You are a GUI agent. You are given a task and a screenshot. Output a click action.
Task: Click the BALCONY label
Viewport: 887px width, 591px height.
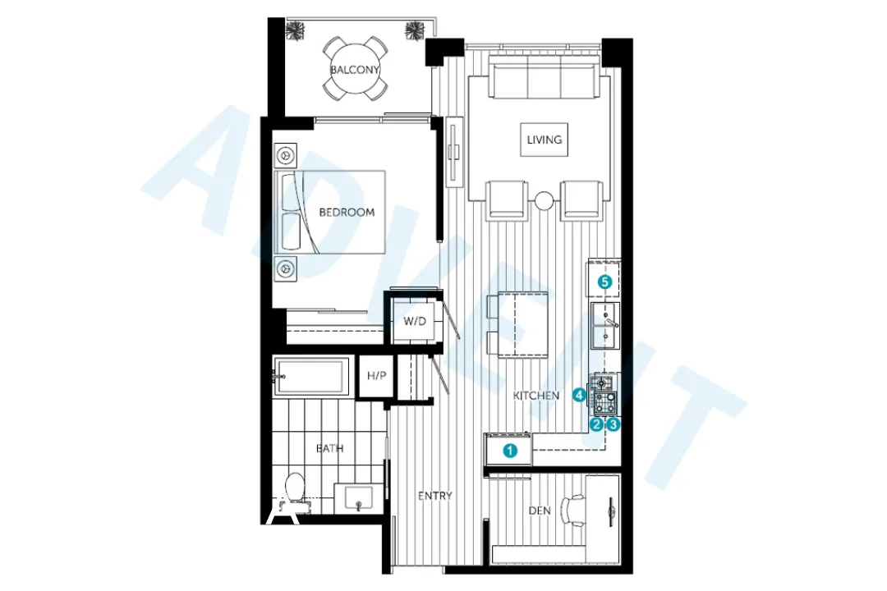[355, 70]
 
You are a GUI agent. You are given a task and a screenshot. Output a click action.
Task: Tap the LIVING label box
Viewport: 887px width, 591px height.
[545, 140]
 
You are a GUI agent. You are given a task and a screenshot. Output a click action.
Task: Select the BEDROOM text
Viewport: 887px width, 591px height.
[347, 212]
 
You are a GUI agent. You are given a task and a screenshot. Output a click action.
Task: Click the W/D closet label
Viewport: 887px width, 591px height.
[414, 321]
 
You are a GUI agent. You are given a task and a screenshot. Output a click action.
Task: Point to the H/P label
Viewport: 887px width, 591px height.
[377, 376]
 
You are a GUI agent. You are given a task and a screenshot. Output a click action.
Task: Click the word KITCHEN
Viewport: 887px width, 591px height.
[536, 396]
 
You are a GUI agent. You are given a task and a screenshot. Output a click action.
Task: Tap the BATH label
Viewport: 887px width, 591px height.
[330, 449]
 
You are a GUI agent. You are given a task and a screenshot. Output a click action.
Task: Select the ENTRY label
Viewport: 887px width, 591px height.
[434, 496]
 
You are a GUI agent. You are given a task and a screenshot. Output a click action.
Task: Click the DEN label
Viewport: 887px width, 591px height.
[539, 511]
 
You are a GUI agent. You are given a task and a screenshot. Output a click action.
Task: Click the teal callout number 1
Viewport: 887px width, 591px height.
[510, 450]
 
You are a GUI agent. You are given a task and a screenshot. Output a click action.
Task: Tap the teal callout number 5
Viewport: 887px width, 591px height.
[604, 282]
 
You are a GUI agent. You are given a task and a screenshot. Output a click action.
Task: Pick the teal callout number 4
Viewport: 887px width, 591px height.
[580, 396]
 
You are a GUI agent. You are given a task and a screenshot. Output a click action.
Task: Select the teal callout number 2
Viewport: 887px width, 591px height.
[597, 424]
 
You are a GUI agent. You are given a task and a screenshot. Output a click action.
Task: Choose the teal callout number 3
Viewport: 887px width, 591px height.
[613, 424]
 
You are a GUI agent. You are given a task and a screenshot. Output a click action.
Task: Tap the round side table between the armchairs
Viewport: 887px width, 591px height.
[544, 199]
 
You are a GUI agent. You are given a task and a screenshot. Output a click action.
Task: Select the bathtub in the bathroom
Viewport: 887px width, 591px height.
[311, 377]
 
